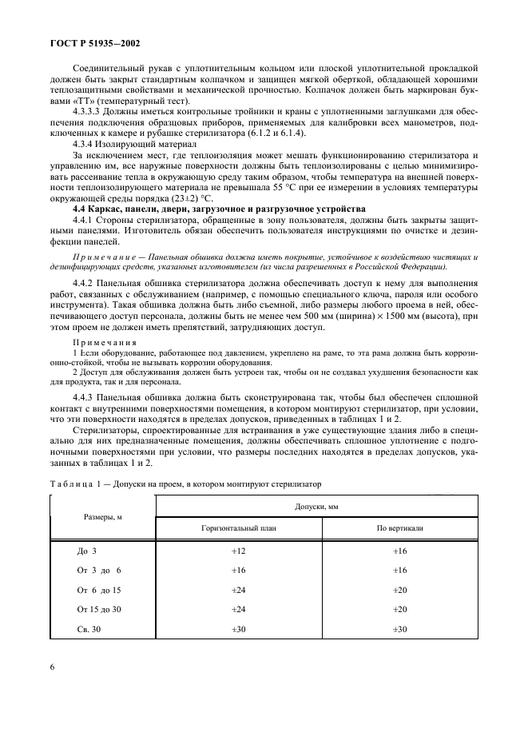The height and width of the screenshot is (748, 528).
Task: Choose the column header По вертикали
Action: click(399, 529)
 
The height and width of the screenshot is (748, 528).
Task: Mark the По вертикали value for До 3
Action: click(399, 551)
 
